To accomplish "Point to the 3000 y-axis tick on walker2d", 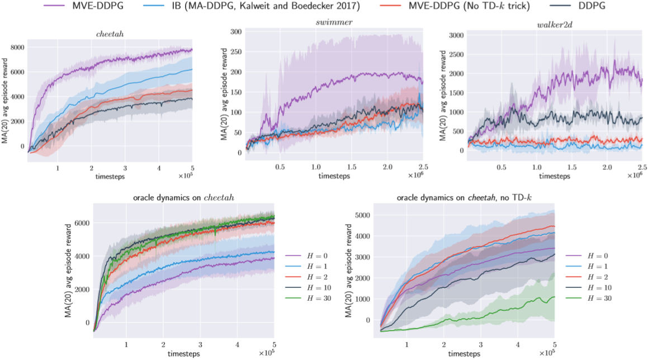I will (455, 35).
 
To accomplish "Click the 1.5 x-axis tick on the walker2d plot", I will (571, 167).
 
